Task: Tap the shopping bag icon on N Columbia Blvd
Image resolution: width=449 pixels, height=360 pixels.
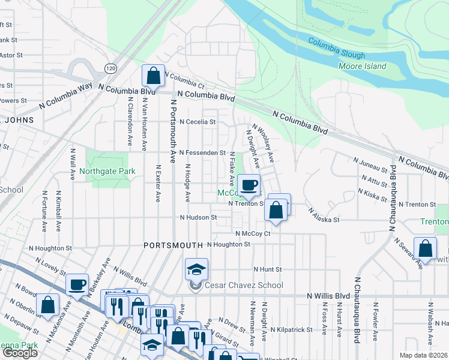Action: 153,77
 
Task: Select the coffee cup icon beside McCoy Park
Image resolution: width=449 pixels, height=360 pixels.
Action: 249,185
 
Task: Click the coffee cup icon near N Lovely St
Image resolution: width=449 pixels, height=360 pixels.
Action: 77,284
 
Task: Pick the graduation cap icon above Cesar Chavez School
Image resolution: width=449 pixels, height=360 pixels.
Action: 196,269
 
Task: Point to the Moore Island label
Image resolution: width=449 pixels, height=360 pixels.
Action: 363,66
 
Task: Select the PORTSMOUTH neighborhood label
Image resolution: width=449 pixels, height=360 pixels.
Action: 174,245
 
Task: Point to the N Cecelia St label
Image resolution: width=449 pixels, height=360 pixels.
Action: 197,122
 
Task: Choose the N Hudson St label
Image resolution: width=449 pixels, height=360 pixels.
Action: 198,217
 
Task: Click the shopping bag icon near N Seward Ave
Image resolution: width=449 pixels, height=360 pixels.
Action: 424,250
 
